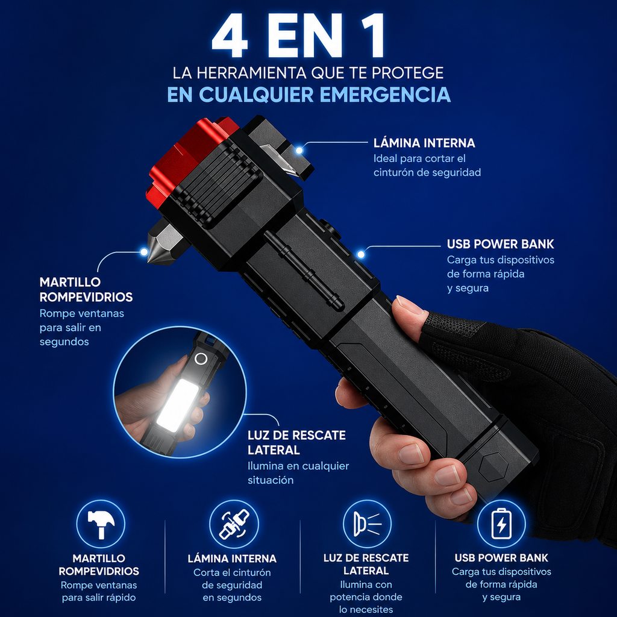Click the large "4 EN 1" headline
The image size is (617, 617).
pos(298,36)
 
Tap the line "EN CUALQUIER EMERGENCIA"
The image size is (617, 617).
pos(309,95)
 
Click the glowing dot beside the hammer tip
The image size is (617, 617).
pos(145,252)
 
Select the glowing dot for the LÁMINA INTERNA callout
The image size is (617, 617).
pos(299,150)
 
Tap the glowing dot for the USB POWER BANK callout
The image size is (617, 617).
pos(361,254)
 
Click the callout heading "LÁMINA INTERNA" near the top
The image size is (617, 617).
pos(424,143)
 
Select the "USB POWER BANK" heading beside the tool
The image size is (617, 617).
pos(500,244)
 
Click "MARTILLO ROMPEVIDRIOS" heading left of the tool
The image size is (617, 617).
pos(86,290)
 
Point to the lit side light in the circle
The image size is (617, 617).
pos(178,405)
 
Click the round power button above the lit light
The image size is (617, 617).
pos(201,359)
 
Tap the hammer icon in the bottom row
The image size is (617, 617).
pos(101,524)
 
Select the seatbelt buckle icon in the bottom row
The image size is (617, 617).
pos(234,524)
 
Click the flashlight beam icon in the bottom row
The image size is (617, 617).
pos(367,524)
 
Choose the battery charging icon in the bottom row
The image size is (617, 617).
pos(501,524)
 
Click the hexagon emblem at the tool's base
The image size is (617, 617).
pos(493,468)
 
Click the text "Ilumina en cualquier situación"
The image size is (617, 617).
pos(298,473)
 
